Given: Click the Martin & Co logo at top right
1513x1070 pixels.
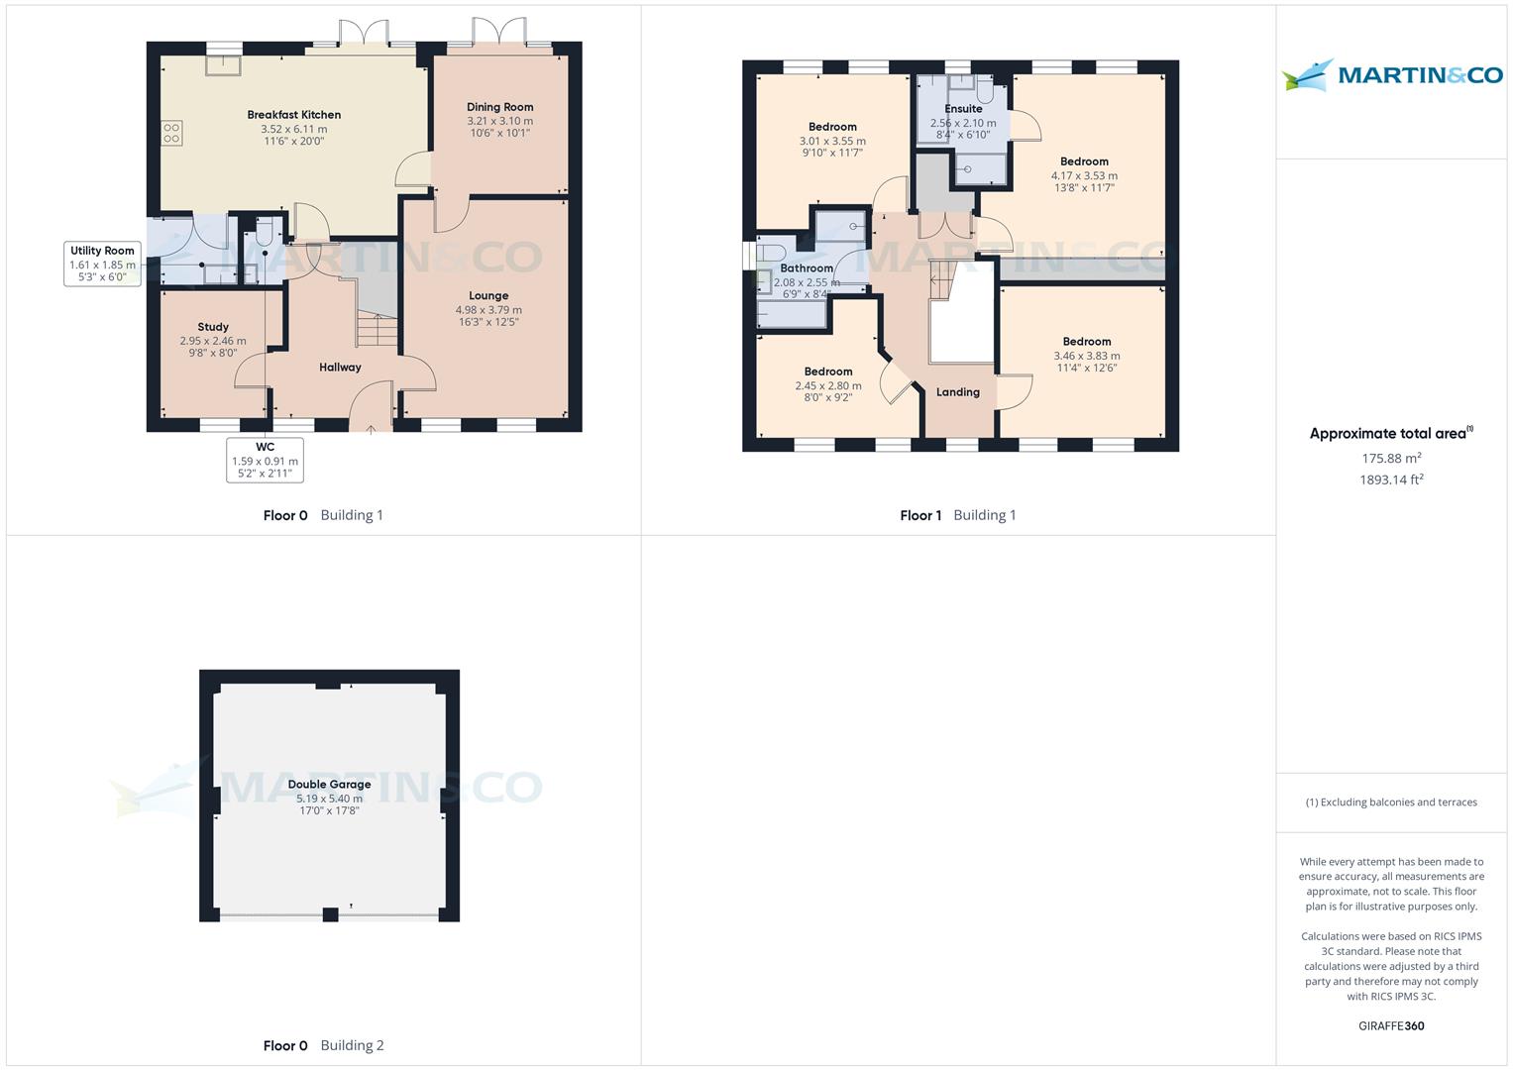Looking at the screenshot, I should coord(1391,75).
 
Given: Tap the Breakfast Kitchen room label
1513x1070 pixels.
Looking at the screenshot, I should coord(293,115).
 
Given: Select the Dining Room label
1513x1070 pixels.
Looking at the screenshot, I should coord(499,107).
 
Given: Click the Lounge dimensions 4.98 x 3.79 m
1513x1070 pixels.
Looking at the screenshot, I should coord(487,309).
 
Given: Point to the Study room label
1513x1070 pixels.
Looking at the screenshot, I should coord(213,327).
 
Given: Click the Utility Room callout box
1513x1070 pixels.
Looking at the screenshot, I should coord(102,264).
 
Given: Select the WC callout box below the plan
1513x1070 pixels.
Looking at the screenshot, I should coord(265,461).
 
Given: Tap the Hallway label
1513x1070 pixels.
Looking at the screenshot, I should coord(340,368).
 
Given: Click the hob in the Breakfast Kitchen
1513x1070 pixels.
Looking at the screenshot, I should coord(171,133).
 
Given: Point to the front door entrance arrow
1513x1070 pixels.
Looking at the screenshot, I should coord(372,429).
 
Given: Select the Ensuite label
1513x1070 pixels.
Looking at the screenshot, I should coord(963,109).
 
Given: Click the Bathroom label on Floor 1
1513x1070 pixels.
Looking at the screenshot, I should coord(806,268).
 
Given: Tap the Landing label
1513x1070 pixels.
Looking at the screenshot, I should coord(957,392).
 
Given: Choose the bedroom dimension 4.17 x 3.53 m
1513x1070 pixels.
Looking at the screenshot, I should coord(1084,175).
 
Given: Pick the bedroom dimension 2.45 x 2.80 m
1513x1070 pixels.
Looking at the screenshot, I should coord(827,385).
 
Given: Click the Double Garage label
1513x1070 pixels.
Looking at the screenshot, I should coord(329,784).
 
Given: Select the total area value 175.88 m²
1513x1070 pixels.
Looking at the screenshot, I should coord(1391,458).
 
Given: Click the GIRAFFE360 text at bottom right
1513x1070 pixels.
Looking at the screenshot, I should coord(1391,1025).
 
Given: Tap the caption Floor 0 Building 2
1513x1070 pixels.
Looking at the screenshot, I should coord(323,1045).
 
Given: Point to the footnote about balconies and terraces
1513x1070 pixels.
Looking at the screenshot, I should coord(1391,802).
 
